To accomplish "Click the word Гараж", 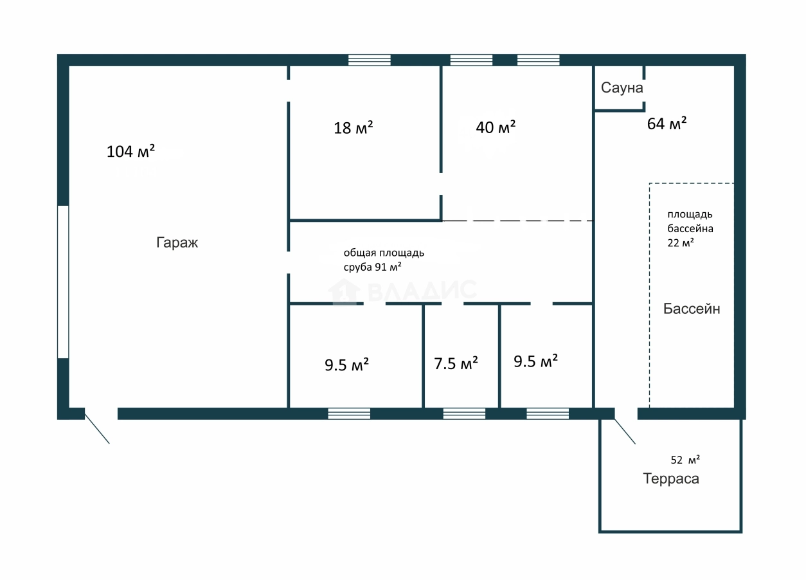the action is (x=177, y=243).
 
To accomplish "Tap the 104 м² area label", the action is (x=130, y=151).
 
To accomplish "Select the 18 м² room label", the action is (x=354, y=128).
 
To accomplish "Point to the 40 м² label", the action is (x=496, y=127).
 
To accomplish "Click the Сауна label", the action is (x=622, y=88).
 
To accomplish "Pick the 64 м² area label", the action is (x=667, y=123).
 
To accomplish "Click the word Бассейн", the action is (x=692, y=309).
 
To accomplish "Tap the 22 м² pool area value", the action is (x=681, y=243).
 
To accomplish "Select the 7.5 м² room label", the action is (x=456, y=363).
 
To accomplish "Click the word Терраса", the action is (x=671, y=479).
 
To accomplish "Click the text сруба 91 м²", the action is (x=372, y=267).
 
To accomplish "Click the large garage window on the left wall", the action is (x=63, y=282).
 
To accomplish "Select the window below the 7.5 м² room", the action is (x=464, y=413).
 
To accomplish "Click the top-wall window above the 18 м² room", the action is (x=370, y=60).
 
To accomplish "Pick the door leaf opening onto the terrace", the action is (x=625, y=431).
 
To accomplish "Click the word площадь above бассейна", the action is (x=690, y=215).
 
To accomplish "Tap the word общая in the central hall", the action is (x=356, y=253).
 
